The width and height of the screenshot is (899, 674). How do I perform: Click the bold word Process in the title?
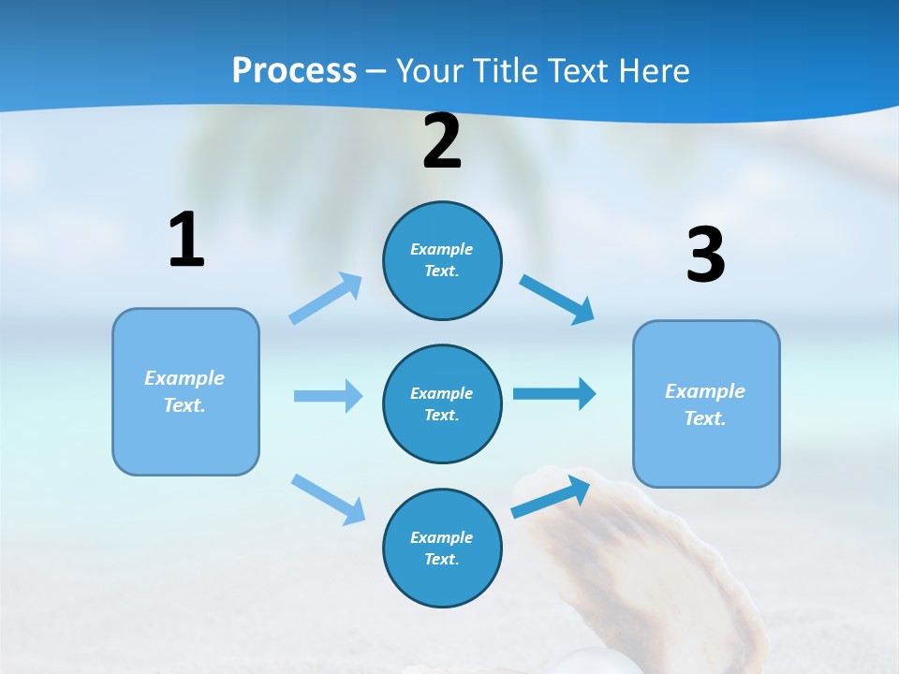click(x=294, y=70)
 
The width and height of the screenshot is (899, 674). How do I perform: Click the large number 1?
click(x=186, y=240)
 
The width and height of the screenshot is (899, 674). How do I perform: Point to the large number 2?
click(x=442, y=142)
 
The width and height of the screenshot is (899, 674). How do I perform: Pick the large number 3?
click(x=705, y=255)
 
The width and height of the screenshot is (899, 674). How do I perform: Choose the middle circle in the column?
click(x=442, y=403)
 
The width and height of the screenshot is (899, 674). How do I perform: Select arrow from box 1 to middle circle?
click(x=328, y=396)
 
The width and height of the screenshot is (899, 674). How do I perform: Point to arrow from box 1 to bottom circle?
click(x=328, y=499)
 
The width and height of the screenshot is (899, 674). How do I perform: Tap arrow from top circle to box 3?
click(x=558, y=300)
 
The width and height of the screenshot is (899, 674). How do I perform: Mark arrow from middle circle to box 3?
click(x=554, y=393)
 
